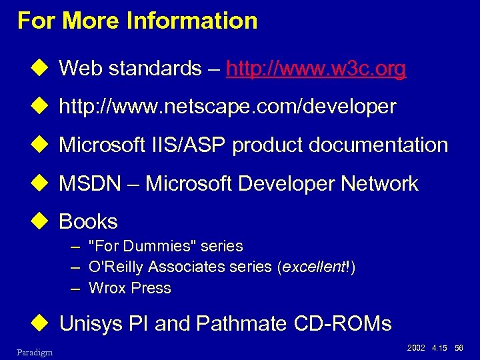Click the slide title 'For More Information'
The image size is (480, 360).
(137, 21)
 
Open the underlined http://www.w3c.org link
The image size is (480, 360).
(316, 69)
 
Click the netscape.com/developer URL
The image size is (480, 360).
(227, 107)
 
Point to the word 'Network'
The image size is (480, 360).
(380, 184)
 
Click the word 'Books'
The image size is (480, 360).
(88, 222)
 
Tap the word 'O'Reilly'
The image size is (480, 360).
(116, 267)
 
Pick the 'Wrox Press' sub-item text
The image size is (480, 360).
(129, 289)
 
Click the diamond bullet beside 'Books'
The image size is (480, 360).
(45, 221)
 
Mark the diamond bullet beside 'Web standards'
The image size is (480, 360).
(45, 68)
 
